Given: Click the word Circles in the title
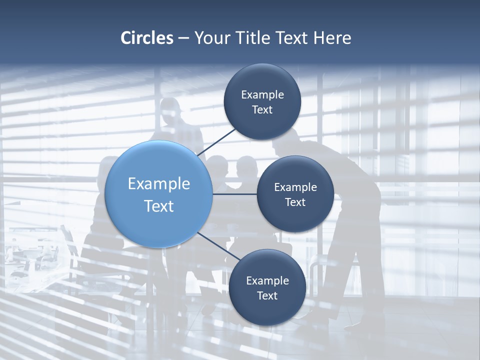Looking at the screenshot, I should point(147,38).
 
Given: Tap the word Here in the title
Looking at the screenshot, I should point(332,38).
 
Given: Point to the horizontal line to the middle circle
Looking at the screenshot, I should point(235,194).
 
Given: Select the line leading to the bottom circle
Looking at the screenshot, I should point(218,246).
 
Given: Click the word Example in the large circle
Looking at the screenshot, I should point(159,184).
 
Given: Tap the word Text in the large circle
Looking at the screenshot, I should point(159,206).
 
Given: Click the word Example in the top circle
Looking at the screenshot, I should point(262,95).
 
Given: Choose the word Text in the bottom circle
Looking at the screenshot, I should point(267,295).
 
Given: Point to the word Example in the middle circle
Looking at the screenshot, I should point(295,187).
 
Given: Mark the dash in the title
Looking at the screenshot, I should point(183,38).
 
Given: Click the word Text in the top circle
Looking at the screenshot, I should point(262,110).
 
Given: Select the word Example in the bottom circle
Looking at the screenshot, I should point(267,281).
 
